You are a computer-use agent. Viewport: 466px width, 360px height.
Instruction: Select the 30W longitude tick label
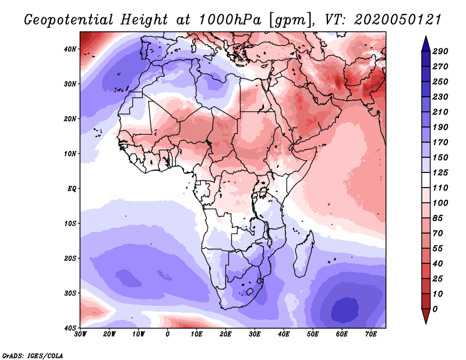[80, 334]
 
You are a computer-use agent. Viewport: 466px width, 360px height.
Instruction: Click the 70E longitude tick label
[370, 334]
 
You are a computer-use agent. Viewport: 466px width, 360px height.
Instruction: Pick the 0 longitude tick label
[168, 334]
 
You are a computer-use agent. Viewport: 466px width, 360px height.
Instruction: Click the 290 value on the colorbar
[440, 51]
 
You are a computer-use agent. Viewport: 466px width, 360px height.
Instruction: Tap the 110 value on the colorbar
[440, 188]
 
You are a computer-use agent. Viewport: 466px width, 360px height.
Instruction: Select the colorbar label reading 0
[436, 308]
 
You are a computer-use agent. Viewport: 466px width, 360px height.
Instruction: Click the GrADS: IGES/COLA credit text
[33, 355]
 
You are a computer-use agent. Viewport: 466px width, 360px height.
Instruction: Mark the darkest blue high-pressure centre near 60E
[344, 309]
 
